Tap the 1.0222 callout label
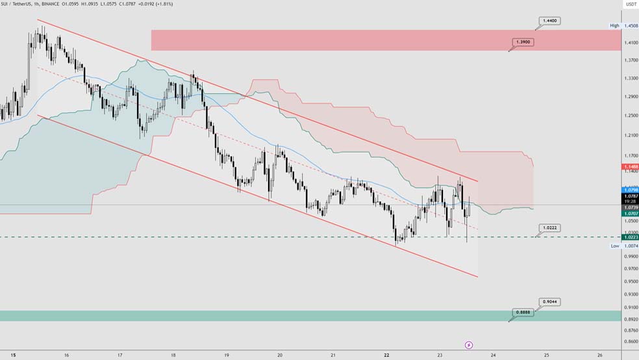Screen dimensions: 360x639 549,228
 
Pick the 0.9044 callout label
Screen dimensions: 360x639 549,302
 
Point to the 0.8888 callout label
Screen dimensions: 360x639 523,313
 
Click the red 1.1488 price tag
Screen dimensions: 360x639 631,166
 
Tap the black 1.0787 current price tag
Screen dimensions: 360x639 631,196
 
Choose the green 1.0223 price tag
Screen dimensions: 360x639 631,237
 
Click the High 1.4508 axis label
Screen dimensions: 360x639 623,26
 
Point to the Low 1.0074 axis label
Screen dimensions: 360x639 623,246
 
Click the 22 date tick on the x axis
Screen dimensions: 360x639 386,355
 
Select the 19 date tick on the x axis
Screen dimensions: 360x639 226,355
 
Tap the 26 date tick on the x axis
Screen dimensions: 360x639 599,355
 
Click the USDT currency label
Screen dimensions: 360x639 630,5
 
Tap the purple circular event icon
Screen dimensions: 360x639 469,345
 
